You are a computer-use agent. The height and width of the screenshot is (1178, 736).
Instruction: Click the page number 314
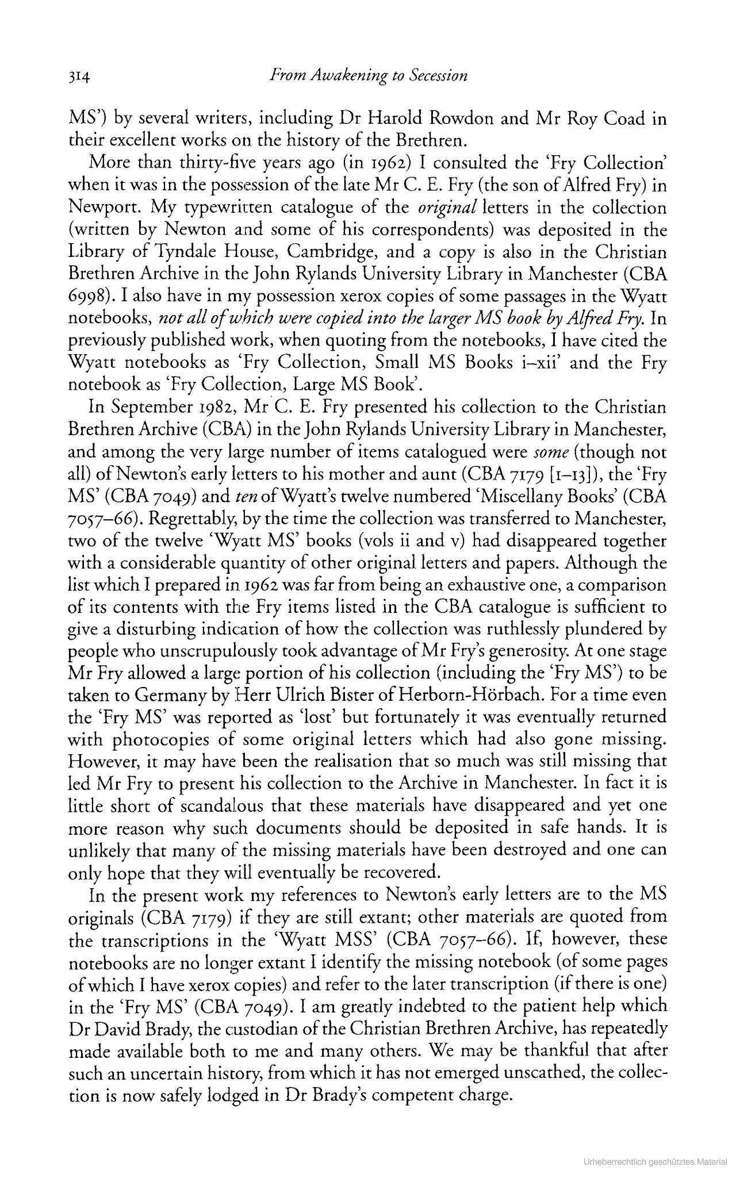pyautogui.click(x=77, y=76)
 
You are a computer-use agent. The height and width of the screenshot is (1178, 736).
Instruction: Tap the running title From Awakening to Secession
pyautogui.click(x=369, y=75)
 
